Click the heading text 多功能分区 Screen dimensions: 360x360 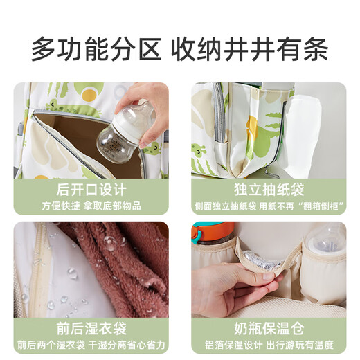[97, 48]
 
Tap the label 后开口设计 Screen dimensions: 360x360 [91, 189]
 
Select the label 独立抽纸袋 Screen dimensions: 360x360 [269, 189]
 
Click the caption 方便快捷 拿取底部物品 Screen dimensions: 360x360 [91, 205]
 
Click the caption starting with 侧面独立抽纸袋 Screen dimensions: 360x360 [269, 205]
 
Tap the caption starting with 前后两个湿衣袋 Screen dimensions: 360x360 [91, 344]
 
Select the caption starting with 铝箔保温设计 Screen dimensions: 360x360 [269, 344]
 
